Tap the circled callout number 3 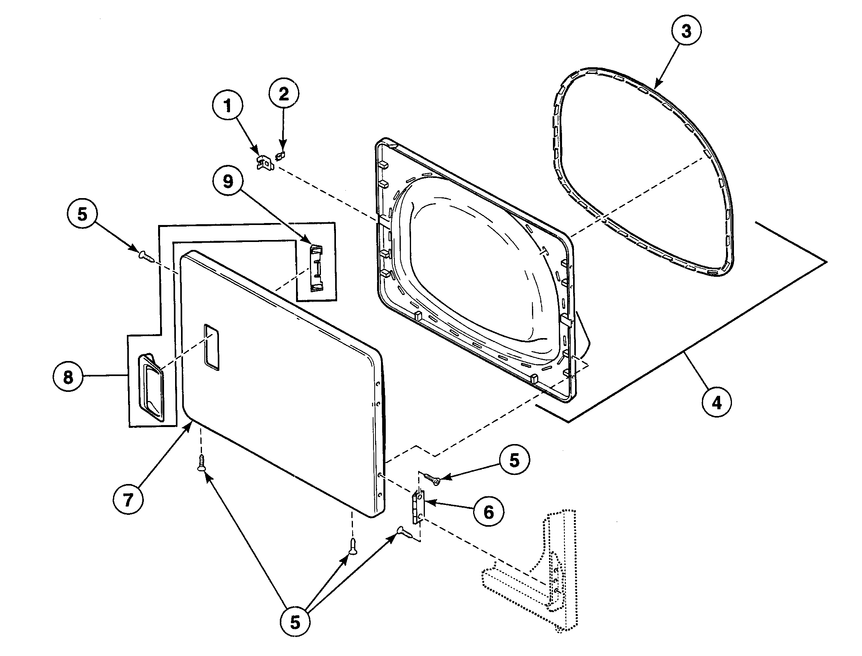686,31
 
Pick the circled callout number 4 717,403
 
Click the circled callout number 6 489,512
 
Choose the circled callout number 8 68,377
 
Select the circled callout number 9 228,181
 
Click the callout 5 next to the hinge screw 514,460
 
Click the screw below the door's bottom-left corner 202,463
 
